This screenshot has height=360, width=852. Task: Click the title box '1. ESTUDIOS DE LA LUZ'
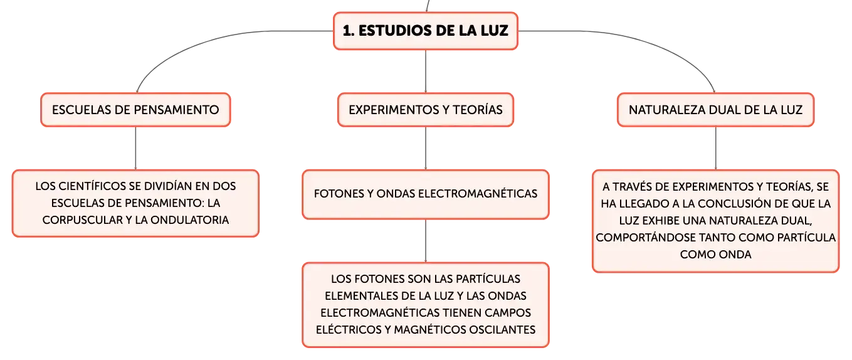point(426,31)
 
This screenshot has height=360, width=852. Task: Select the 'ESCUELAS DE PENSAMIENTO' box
point(135,110)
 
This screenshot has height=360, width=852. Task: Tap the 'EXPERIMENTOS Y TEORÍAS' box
point(426,110)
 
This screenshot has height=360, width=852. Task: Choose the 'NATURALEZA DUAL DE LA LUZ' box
point(715,110)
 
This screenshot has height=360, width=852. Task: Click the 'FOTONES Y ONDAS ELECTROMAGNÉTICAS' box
point(426,194)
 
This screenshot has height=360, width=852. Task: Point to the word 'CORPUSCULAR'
point(83,220)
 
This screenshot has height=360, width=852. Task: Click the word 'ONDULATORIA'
point(190,220)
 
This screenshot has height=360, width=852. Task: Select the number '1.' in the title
point(349,31)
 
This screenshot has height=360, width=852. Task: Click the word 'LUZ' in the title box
point(495,31)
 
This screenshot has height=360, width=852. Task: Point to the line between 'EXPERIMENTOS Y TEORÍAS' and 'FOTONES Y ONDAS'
point(426,148)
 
